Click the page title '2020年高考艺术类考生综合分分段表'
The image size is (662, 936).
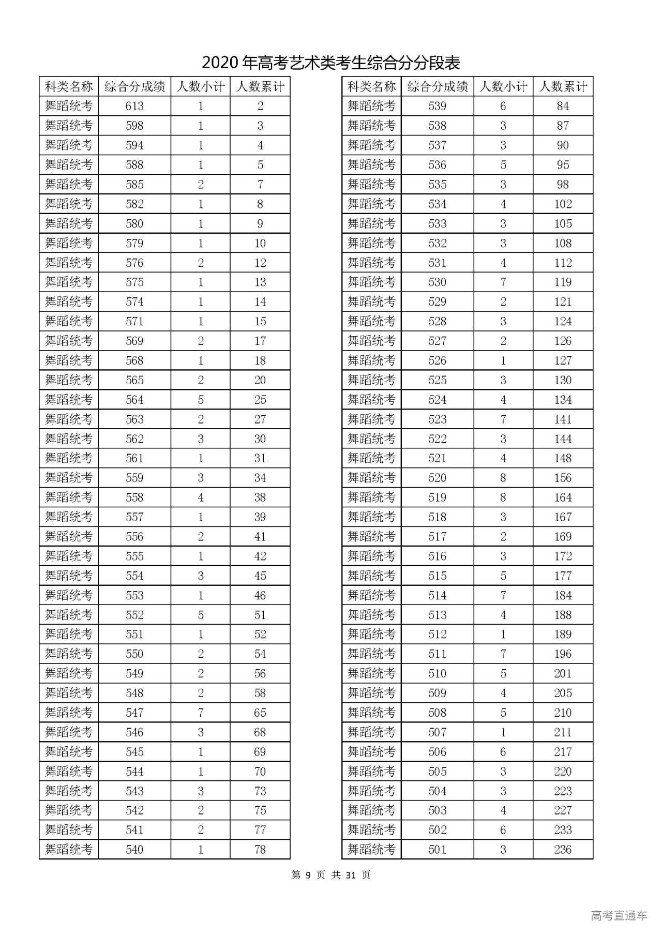click(x=330, y=63)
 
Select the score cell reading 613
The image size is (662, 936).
click(x=134, y=106)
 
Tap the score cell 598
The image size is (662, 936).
click(x=134, y=126)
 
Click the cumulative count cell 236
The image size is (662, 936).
click(x=563, y=850)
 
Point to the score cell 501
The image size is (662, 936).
click(x=437, y=850)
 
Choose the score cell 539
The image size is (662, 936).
click(x=437, y=106)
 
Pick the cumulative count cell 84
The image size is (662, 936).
click(x=563, y=106)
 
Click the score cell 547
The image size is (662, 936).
click(x=134, y=713)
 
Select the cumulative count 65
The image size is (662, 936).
click(x=260, y=713)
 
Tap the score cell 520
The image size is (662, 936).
click(x=437, y=478)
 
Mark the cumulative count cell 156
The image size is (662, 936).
click(x=563, y=478)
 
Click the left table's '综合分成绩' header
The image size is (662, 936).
click(x=134, y=86)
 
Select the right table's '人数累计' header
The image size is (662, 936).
click(x=563, y=86)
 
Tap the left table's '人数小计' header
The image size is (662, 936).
click(x=201, y=86)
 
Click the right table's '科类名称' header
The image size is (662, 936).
click(x=371, y=86)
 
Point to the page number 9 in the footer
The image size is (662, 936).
click(x=308, y=875)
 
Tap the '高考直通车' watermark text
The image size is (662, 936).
click(x=619, y=916)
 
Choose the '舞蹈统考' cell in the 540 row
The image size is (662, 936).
click(x=69, y=850)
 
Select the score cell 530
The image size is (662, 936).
click(x=437, y=282)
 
